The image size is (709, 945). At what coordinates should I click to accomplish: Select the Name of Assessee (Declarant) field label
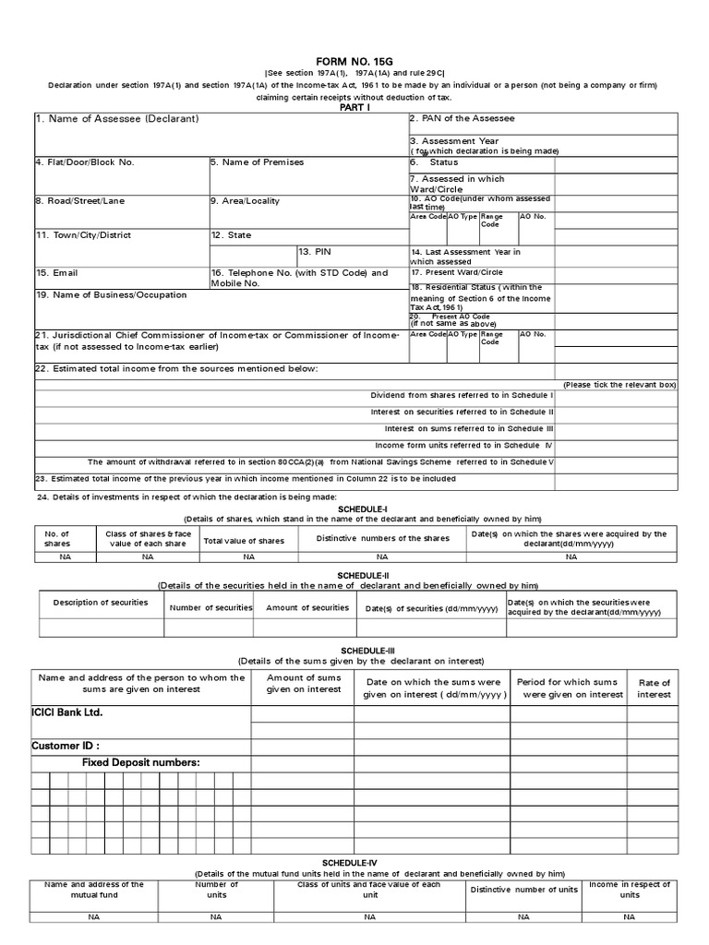tap(117, 119)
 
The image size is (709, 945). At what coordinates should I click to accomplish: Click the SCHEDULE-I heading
tap(355, 508)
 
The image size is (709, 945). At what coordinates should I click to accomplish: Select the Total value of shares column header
tap(245, 541)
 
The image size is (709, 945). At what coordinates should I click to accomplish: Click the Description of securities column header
tap(101, 603)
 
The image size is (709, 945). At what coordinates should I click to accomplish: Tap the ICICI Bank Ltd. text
tap(67, 712)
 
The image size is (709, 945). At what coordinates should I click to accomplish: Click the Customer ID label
tap(66, 746)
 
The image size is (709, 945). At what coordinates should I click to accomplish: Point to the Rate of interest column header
tap(654, 688)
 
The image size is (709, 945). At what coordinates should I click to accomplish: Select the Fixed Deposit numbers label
tap(140, 762)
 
